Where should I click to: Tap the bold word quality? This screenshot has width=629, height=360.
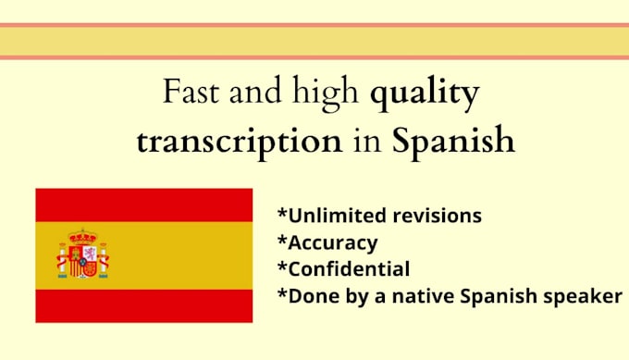pyautogui.click(x=424, y=95)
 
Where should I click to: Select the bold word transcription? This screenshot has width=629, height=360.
pyautogui.click(x=236, y=142)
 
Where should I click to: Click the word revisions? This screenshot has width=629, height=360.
pyautogui.click(x=436, y=216)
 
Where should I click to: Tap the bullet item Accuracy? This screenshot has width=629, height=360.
pyautogui.click(x=332, y=242)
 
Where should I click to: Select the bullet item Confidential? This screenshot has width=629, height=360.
pyautogui.click(x=348, y=269)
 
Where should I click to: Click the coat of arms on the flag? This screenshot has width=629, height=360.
pyautogui.click(x=83, y=254)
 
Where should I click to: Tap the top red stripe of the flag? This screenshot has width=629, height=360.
pyautogui.click(x=143, y=205)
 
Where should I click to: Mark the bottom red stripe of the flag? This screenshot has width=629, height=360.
pyautogui.click(x=143, y=305)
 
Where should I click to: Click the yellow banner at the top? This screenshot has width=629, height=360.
pyautogui.click(x=314, y=41)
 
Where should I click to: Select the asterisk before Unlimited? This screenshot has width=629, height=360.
pyautogui.click(x=282, y=214)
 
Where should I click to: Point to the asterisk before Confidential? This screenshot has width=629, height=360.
pyautogui.click(x=282, y=267)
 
